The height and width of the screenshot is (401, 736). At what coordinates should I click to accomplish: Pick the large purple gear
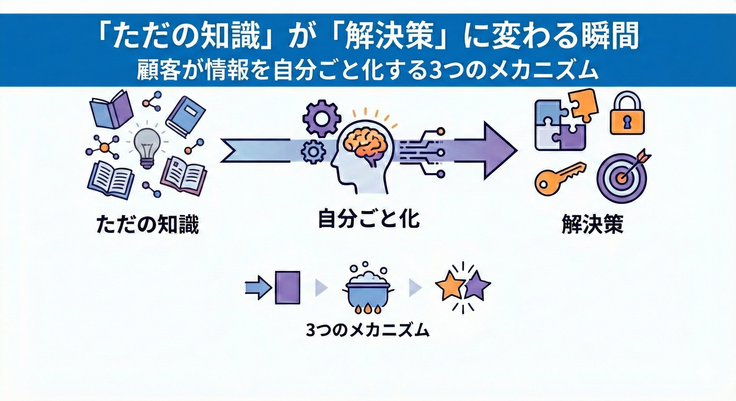321,117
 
